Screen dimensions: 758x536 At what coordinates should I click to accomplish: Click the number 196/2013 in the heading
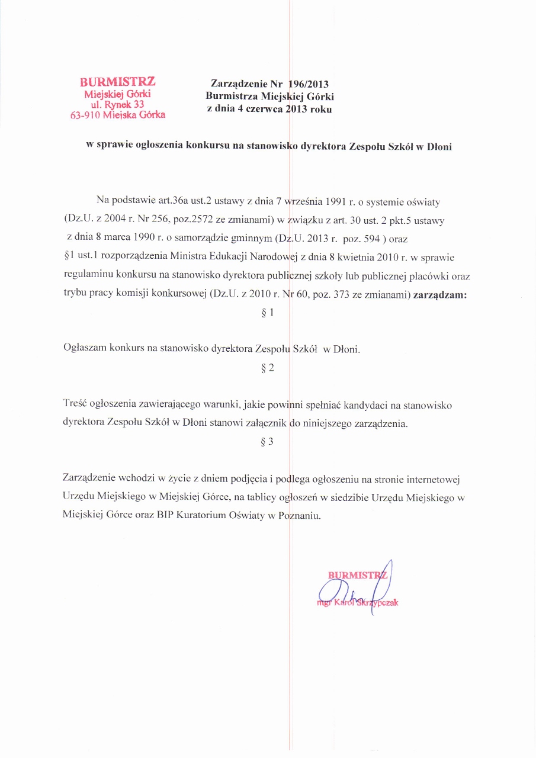(307, 83)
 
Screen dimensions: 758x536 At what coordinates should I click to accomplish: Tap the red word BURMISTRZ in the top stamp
(118, 82)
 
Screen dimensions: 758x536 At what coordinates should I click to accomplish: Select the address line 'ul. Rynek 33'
(117, 104)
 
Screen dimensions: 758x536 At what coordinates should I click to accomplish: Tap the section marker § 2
(268, 368)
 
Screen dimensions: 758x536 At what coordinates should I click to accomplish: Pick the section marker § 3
(268, 441)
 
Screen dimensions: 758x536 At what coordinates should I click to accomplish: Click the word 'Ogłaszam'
(84, 349)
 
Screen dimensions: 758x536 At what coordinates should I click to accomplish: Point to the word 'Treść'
(75, 405)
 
